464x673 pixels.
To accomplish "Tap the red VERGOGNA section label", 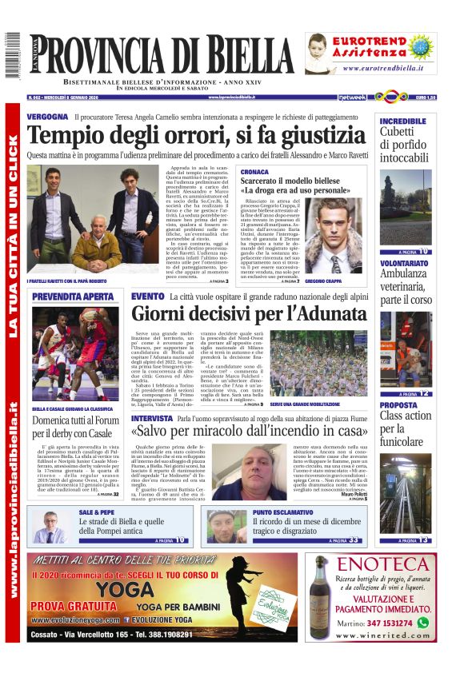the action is tap(47, 117).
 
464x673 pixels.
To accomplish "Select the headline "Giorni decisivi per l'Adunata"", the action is tap(247, 313).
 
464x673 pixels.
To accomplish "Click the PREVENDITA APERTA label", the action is tap(73, 297).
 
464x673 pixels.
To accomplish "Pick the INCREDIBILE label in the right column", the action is tap(403, 121).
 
